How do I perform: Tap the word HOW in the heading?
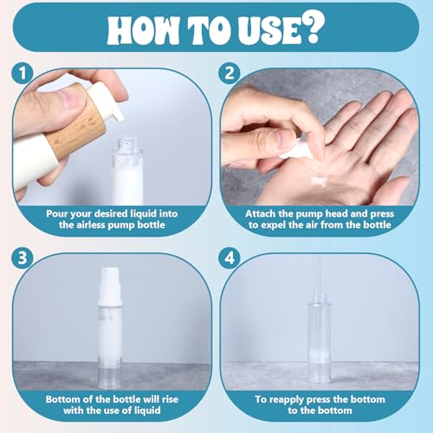(x=142, y=29)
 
